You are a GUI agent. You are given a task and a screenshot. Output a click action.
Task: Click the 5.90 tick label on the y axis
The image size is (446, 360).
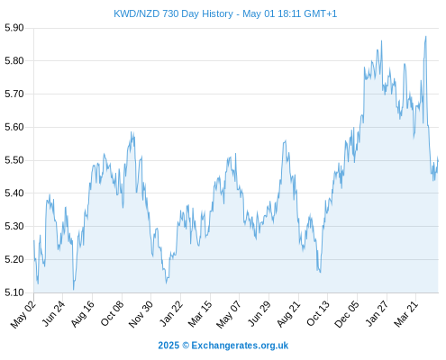(14, 28)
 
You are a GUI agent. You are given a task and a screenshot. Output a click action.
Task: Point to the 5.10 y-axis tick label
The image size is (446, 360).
(14, 292)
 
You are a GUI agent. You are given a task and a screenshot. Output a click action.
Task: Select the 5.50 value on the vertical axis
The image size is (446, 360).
(14, 160)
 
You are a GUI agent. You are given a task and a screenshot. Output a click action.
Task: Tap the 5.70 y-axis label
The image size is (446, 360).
(14, 94)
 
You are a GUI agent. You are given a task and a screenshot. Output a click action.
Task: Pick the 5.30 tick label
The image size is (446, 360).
(14, 226)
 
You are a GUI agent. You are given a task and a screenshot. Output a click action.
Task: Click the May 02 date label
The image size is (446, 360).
(23, 314)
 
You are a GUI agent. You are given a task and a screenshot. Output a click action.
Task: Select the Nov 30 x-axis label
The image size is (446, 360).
(141, 314)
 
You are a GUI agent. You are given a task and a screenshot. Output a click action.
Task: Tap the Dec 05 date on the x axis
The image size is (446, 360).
(347, 314)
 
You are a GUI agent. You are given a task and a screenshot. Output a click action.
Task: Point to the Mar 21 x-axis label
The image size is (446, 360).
(405, 314)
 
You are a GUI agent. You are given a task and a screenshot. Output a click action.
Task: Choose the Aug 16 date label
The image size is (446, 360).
(83, 314)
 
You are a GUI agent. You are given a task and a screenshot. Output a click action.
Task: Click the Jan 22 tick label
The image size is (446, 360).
(170, 314)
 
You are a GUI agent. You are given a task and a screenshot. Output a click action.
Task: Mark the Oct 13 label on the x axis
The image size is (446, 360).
(318, 314)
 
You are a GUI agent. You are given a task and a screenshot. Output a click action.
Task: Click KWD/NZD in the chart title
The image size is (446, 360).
(137, 13)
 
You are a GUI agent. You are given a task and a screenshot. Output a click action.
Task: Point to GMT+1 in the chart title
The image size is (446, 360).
(321, 13)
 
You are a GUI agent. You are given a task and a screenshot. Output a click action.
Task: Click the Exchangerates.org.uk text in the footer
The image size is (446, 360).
(240, 346)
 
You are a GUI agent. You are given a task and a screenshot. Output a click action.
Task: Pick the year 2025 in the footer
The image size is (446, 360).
(168, 346)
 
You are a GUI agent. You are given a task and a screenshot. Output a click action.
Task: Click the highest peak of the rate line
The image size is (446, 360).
(425, 37)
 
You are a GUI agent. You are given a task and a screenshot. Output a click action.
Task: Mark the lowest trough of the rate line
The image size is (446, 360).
(73, 290)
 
